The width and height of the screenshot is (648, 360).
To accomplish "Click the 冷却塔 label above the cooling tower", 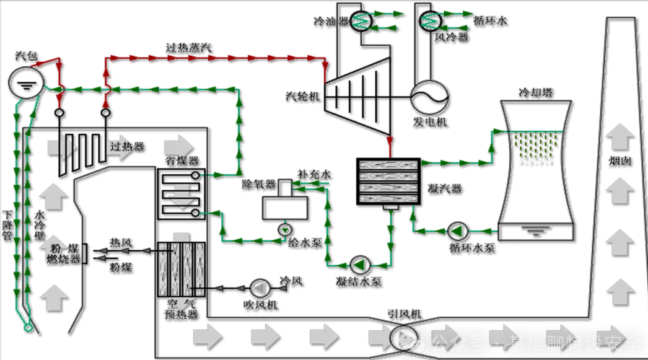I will coord(535,92).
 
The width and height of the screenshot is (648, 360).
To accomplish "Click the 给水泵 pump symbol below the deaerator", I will coord(284,229).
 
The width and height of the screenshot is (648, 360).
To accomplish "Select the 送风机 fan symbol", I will coord(259,288).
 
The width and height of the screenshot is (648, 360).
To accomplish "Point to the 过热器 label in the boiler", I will coord(126,147).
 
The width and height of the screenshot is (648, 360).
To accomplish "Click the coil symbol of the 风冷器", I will coord(427,21).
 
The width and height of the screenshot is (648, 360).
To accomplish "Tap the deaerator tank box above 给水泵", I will coord(285,207).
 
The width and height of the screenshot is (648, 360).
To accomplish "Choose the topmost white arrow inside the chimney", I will coord(620,134).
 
